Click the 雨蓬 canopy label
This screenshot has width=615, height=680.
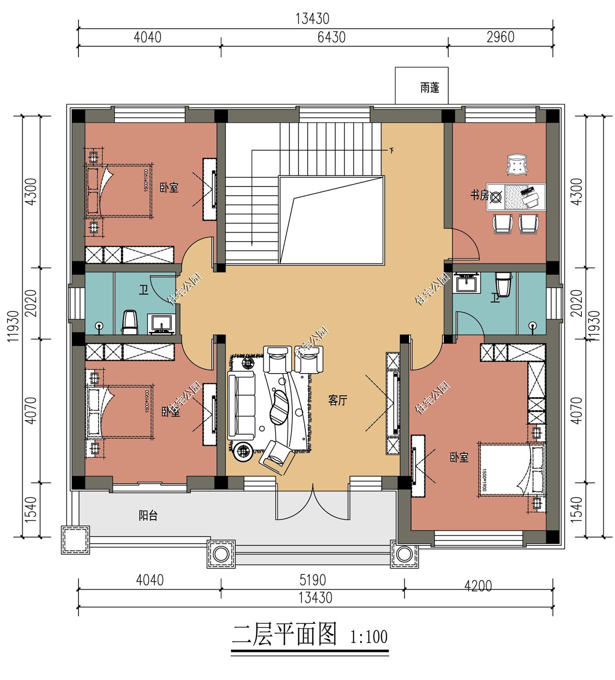[429, 87]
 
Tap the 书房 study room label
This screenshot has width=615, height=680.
[479, 196]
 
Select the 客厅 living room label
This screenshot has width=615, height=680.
[338, 400]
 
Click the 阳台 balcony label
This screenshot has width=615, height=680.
[148, 515]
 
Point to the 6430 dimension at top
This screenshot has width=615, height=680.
[331, 37]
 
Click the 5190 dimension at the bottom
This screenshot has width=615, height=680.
[313, 580]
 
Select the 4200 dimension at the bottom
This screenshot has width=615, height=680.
[478, 586]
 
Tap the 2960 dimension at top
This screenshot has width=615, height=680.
[500, 37]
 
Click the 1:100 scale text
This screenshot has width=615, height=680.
[369, 637]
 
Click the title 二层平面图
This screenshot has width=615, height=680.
[285, 635]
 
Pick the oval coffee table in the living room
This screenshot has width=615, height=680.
[280, 406]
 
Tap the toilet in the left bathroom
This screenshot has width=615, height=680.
[130, 321]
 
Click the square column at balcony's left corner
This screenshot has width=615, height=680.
[75, 540]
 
